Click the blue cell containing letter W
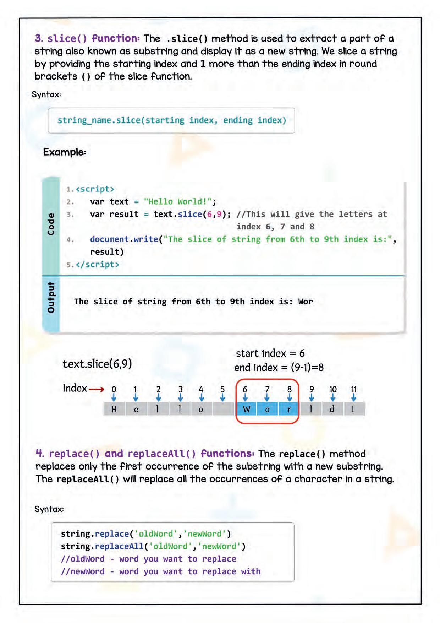(x=247, y=409)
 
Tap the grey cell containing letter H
(x=114, y=409)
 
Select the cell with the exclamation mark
(x=353, y=409)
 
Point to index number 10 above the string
(x=333, y=389)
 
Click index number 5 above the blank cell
(x=222, y=389)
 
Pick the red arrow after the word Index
(x=97, y=389)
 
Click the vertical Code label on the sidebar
(x=51, y=224)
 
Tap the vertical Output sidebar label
(x=51, y=298)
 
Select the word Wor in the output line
(x=305, y=302)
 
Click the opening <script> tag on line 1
(x=95, y=189)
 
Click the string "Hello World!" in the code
(x=178, y=202)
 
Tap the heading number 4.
(x=40, y=454)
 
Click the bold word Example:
(x=65, y=152)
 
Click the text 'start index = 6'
(x=270, y=353)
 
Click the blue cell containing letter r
(x=289, y=409)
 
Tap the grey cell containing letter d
(x=332, y=409)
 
